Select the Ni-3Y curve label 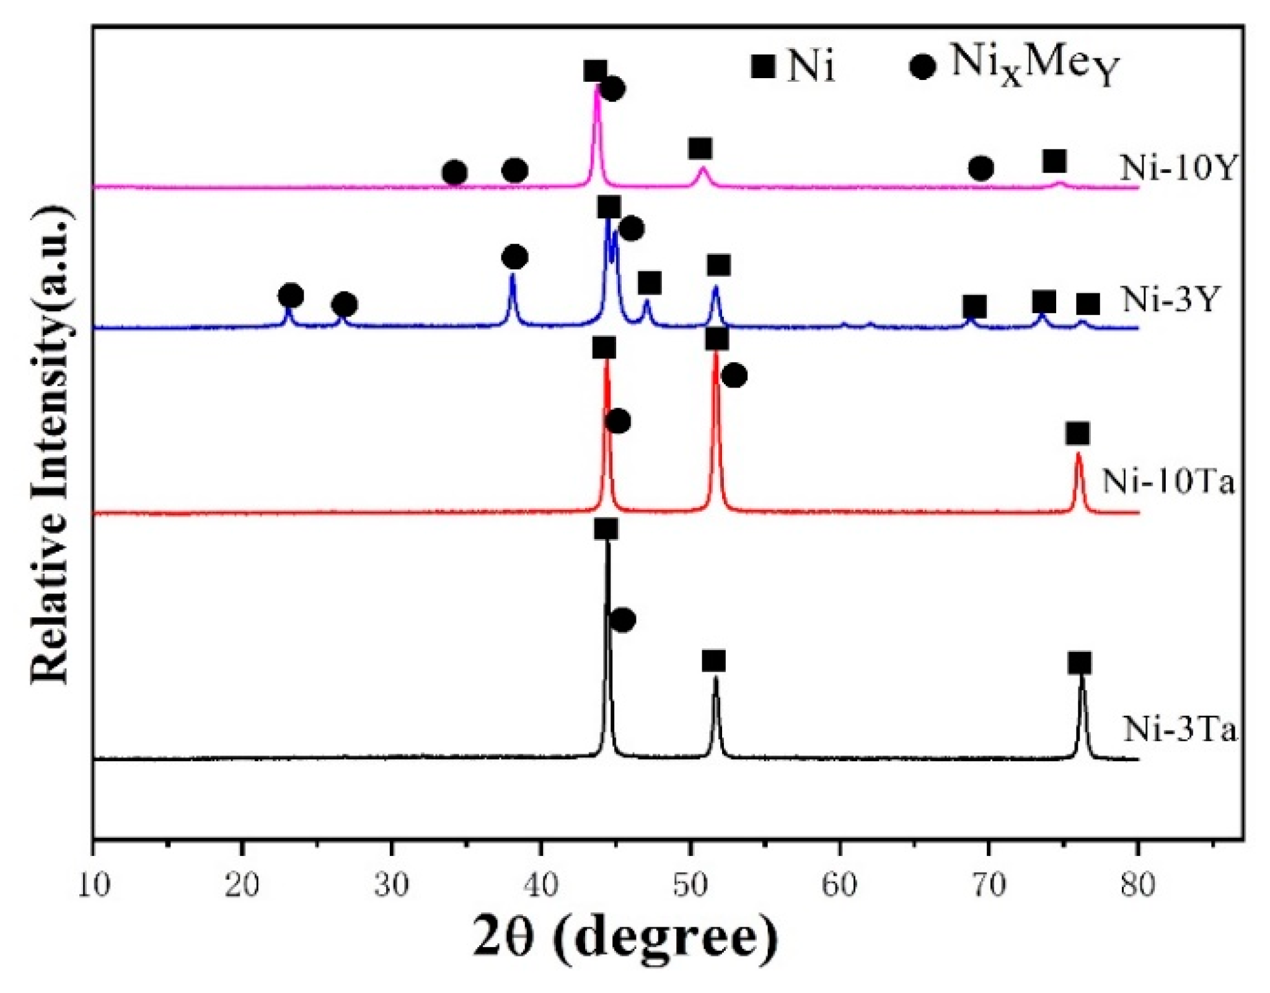click(x=1170, y=300)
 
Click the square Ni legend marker click(x=763, y=66)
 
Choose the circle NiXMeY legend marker click(x=922, y=67)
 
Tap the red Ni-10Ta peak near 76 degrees click(x=1078, y=456)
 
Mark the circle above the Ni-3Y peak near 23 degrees click(x=291, y=296)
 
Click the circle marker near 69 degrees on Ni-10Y click(x=981, y=167)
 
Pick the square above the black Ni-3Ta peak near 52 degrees click(x=714, y=661)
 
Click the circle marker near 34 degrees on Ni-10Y click(x=454, y=172)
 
